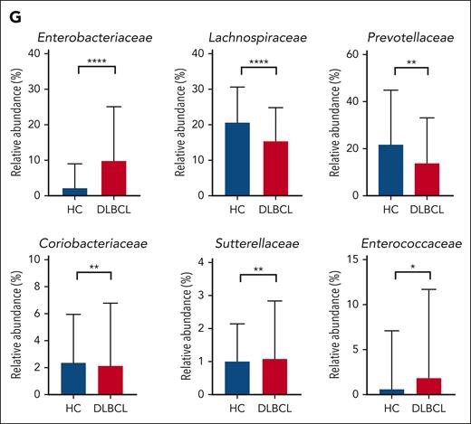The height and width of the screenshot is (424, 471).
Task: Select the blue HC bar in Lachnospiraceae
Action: click(236, 159)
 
